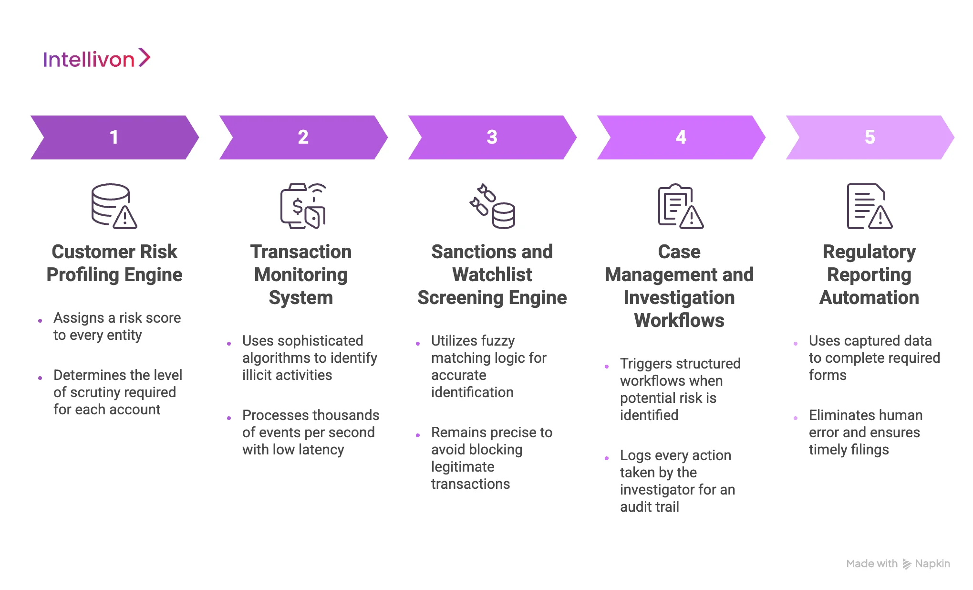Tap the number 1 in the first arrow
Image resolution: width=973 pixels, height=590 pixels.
click(114, 137)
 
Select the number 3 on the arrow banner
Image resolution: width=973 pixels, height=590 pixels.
click(492, 137)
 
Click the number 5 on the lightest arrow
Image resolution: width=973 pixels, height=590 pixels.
click(869, 137)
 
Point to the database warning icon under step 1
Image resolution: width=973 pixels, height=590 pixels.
click(114, 206)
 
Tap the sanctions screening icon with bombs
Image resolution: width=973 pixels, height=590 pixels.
click(492, 206)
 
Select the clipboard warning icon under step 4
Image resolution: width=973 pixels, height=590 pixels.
click(680, 206)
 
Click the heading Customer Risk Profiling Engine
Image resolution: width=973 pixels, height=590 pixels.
click(114, 263)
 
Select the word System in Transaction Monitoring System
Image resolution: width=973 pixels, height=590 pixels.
click(300, 298)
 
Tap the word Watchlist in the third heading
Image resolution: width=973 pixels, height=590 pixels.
click(492, 275)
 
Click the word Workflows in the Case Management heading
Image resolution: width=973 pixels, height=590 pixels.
click(679, 321)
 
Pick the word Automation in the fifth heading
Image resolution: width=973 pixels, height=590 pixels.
click(869, 298)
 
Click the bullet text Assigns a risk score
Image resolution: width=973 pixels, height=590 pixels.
click(117, 318)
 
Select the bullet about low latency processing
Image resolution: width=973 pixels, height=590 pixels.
click(310, 432)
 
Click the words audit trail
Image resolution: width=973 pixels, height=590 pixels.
click(650, 507)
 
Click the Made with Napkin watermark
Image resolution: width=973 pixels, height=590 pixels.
click(898, 564)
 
